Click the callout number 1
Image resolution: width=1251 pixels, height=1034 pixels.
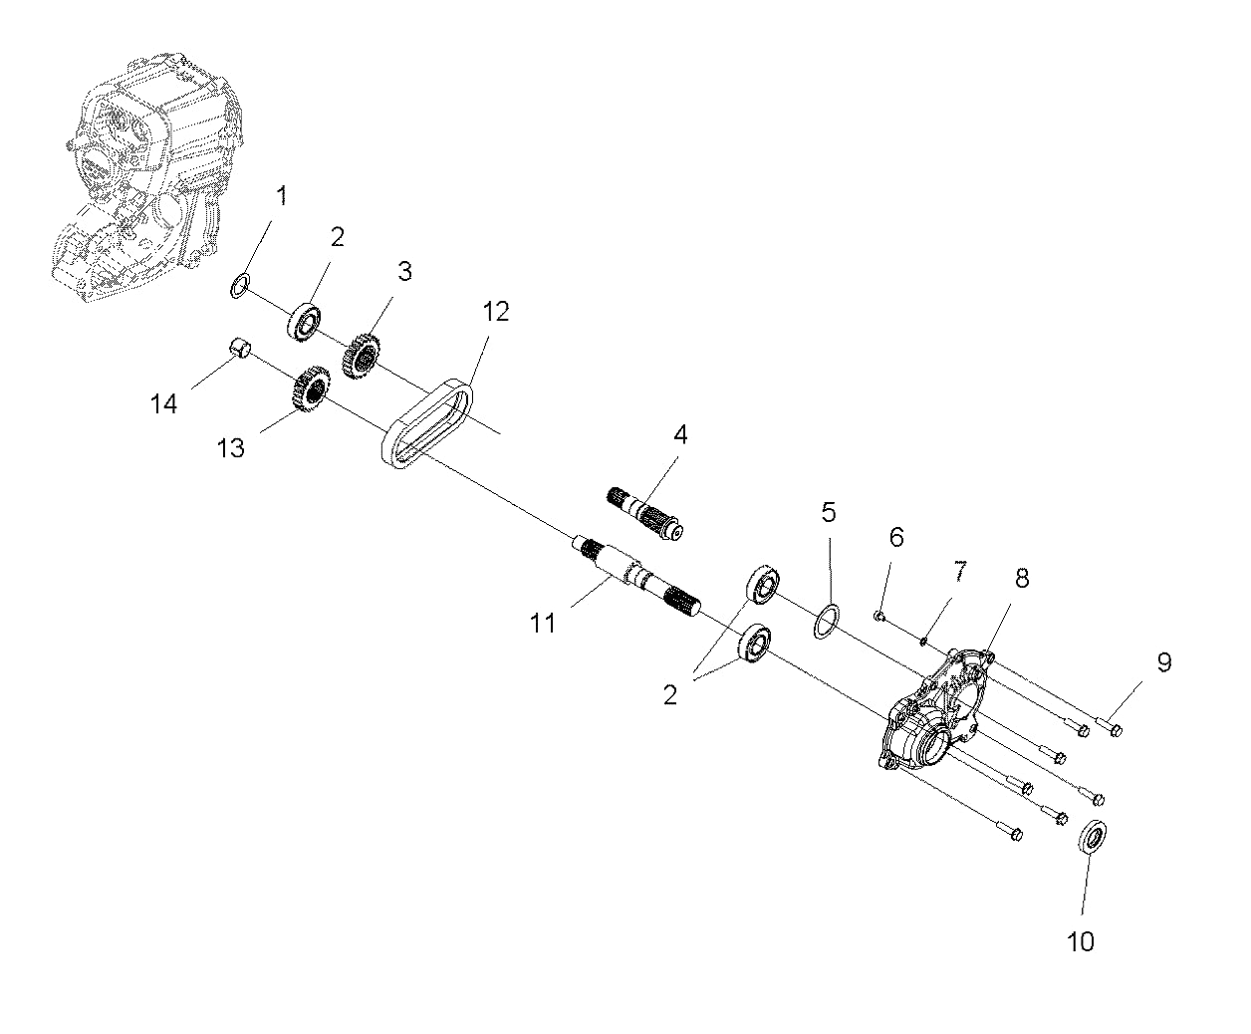click(281, 196)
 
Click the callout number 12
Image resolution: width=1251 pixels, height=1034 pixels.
click(495, 311)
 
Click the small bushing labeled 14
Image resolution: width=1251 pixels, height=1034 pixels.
click(239, 348)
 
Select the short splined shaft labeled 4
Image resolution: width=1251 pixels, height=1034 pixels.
click(644, 511)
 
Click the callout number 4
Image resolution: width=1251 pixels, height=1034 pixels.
click(680, 435)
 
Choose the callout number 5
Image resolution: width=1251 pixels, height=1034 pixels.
click(829, 513)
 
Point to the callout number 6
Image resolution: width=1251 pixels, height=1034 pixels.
click(896, 538)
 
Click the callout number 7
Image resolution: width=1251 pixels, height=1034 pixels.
click(959, 571)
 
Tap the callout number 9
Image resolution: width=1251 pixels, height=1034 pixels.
click(1163, 662)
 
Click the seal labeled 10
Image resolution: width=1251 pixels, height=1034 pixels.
click(1093, 835)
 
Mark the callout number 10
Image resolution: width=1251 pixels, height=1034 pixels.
click(1080, 940)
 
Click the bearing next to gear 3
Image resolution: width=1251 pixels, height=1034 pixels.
click(305, 320)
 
